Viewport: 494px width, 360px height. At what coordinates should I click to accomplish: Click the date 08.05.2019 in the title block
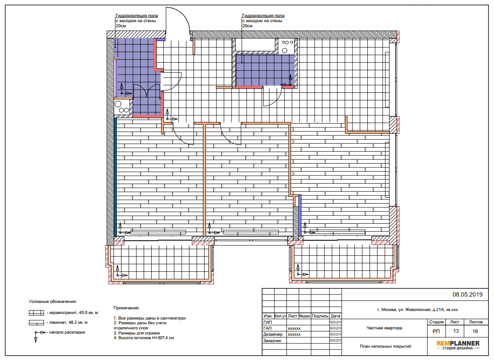point(468,294)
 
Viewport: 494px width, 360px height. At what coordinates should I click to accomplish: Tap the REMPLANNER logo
point(458,345)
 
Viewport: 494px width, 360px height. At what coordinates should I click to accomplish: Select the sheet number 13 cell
point(456,331)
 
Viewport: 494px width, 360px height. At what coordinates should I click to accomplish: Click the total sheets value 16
point(475,331)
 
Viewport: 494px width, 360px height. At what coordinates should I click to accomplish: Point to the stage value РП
point(436,331)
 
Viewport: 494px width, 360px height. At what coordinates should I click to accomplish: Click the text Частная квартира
point(384,328)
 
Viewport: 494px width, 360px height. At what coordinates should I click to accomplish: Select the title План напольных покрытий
point(385,346)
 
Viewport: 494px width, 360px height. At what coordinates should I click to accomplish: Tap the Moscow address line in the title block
point(417,310)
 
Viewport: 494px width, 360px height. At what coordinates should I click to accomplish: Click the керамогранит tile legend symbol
point(36,313)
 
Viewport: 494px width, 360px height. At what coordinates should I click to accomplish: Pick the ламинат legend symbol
point(36,323)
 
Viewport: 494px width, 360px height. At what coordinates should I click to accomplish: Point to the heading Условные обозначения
point(53,301)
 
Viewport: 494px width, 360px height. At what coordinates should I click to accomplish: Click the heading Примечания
point(127,308)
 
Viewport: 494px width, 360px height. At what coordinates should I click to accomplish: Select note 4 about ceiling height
point(144,338)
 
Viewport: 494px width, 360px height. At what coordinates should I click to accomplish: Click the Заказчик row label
point(272,340)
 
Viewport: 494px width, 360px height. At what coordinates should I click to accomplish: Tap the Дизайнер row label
point(273,334)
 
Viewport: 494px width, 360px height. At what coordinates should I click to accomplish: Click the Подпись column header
point(320,316)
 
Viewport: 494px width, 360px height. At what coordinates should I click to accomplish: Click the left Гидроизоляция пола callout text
point(137,20)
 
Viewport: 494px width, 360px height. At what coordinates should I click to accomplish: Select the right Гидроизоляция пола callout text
point(263,20)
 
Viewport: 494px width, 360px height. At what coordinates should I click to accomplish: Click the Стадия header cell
point(436,322)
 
